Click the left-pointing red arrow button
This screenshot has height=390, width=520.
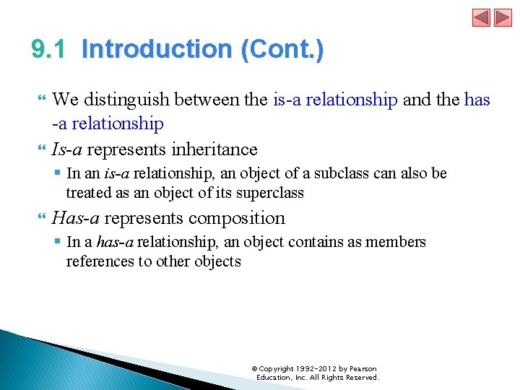[x=482, y=18]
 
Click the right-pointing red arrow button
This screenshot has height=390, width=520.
[x=502, y=18]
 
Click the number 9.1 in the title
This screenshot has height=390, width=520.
[x=49, y=50]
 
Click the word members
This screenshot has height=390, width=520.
[x=396, y=242]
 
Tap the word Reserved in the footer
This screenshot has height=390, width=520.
[x=362, y=377]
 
